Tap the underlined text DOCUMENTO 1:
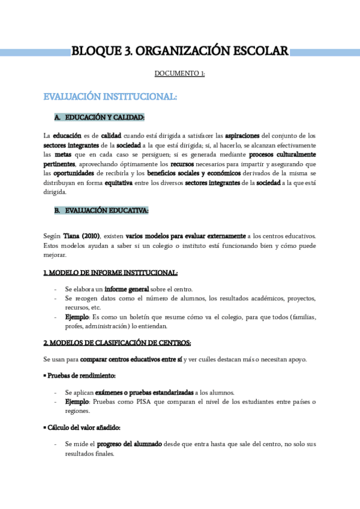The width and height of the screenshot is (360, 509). click(180, 74)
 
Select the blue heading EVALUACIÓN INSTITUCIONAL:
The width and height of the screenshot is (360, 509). click(110, 97)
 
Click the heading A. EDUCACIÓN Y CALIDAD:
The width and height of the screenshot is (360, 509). click(99, 117)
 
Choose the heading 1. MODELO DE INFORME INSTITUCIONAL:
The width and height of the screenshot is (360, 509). click(110, 273)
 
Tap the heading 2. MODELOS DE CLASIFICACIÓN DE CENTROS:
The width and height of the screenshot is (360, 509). click(117, 343)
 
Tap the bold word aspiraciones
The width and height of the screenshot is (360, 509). click(242, 135)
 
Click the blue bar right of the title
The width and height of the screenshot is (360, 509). click(325, 52)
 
